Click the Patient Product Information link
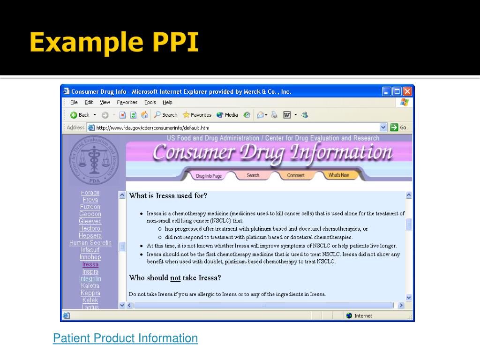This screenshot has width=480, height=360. (125, 338)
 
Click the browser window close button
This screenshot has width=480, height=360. (407, 92)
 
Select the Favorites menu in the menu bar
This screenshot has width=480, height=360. (127, 103)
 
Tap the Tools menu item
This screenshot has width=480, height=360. (150, 103)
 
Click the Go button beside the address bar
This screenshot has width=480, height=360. (398, 127)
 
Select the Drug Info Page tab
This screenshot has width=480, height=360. (209, 176)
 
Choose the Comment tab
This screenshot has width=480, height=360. (296, 175)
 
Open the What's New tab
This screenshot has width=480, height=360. (338, 175)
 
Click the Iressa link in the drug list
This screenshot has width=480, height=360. (90, 264)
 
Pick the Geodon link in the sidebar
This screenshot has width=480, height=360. (90, 214)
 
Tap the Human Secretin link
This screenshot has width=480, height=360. (90, 243)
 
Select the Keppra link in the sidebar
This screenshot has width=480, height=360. (90, 293)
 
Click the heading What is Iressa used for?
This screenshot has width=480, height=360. (168, 195)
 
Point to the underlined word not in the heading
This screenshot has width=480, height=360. (175, 278)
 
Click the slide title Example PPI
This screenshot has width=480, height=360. (114, 43)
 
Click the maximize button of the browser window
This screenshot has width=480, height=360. (397, 92)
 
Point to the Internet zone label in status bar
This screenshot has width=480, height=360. (363, 316)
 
